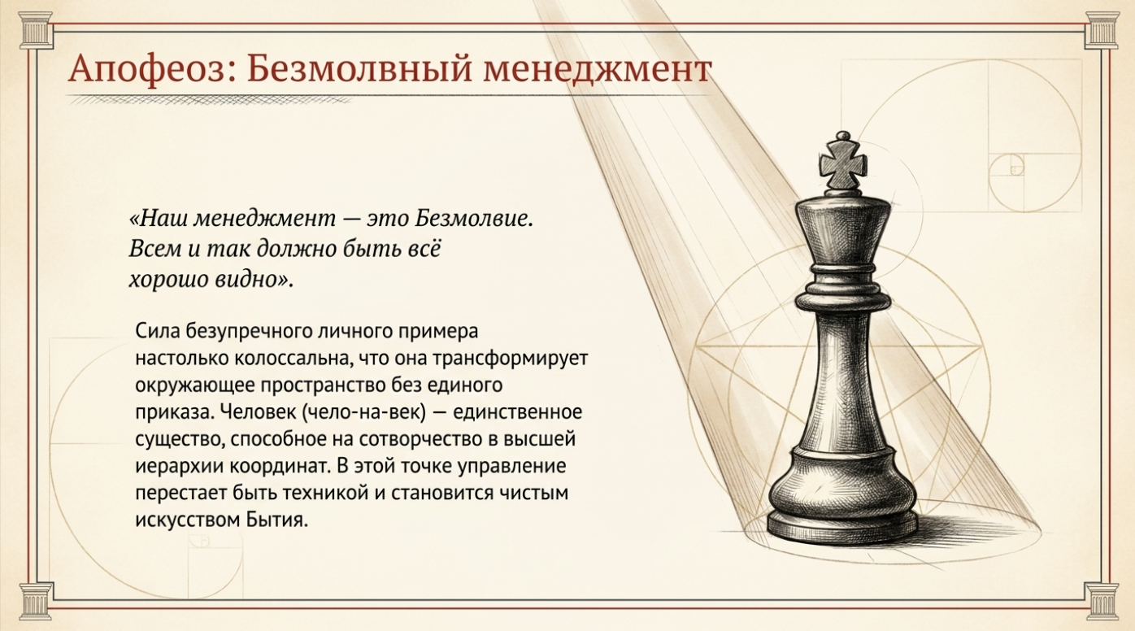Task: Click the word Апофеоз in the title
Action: [x=153, y=69]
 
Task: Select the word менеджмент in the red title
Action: [x=598, y=70]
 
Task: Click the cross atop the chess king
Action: [x=842, y=165]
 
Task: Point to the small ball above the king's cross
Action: [x=842, y=136]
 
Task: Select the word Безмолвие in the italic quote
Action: [x=474, y=219]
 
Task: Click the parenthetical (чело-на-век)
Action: [x=364, y=412]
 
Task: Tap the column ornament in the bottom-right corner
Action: [x=1102, y=601]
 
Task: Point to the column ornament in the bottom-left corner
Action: [x=36, y=601]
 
